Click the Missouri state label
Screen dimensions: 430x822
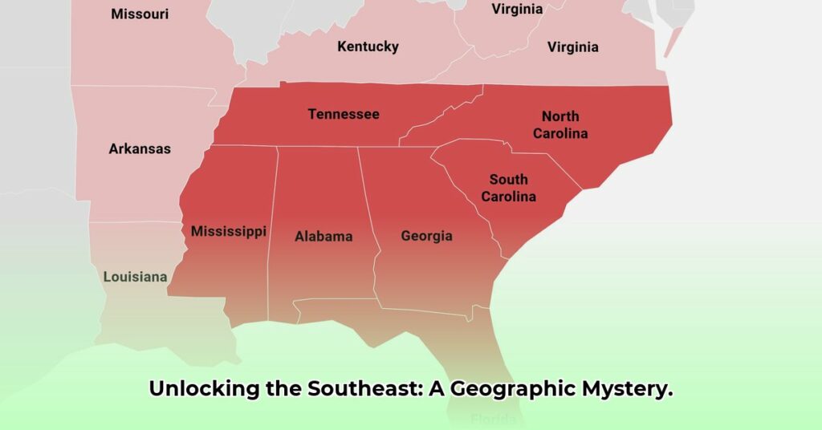[139, 14]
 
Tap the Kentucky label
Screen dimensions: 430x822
[368, 47]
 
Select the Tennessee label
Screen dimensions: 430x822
[344, 114]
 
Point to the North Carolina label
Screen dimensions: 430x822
[560, 125]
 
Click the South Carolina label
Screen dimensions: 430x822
[508, 188]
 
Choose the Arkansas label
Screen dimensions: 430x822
[140, 148]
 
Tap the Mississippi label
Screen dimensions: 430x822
[228, 231]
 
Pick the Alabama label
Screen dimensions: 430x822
[324, 236]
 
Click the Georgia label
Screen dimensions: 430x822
[426, 236]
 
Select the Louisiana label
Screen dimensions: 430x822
[135, 277]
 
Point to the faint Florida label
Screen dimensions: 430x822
[494, 419]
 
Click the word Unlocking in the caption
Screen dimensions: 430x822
[204, 389]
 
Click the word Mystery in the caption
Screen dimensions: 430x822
[628, 389]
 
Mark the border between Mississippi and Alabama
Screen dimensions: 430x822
[273, 233]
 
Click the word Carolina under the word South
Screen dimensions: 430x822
[508, 196]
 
